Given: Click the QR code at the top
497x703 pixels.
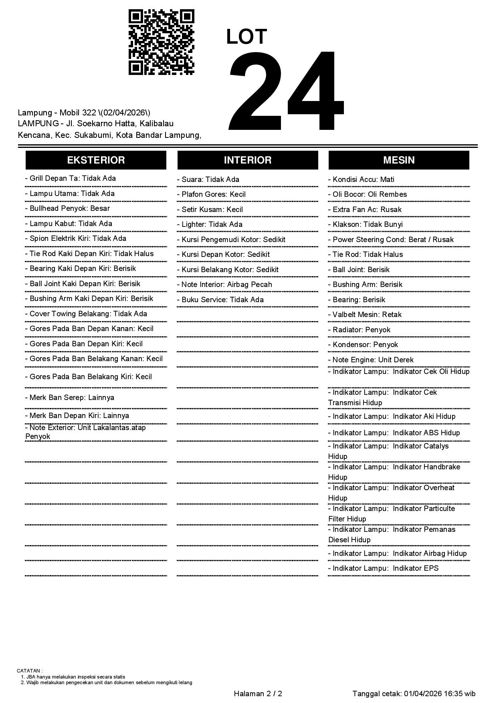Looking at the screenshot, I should tap(161, 42).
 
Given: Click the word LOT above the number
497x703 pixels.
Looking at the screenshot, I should tap(246, 37).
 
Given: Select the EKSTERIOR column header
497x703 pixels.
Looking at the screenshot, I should tap(96, 160).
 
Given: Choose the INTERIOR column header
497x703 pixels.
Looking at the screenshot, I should tap(247, 160).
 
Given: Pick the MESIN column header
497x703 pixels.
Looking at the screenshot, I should tap(399, 160).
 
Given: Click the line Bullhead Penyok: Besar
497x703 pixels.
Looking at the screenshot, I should tap(67, 208).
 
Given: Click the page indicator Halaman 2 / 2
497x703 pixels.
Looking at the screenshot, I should tap(258, 693).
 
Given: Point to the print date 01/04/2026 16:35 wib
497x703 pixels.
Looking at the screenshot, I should tap(440, 693).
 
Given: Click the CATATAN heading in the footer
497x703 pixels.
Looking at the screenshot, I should tap(29, 671).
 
